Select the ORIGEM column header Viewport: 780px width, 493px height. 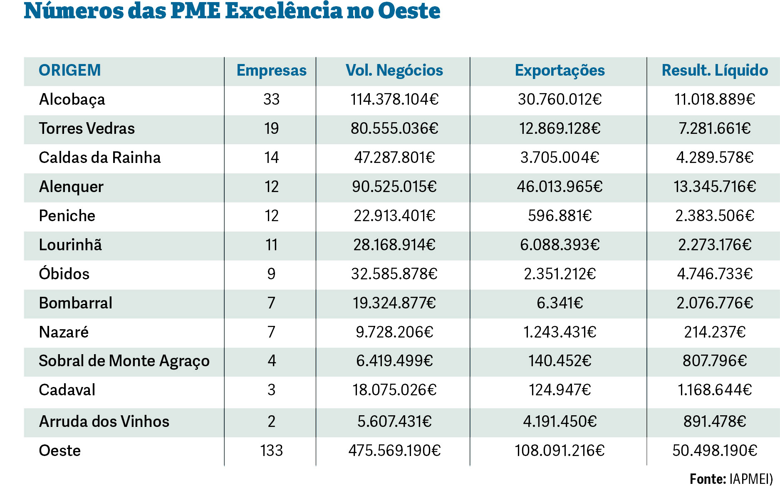point(70,70)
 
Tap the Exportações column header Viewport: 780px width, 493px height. point(560,70)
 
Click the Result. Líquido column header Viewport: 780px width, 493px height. point(714,70)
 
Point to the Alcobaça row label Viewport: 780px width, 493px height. point(72,99)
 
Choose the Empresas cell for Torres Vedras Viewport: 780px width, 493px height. point(271,128)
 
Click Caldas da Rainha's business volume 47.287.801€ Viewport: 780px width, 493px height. point(394,158)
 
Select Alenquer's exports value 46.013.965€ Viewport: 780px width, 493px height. point(560,187)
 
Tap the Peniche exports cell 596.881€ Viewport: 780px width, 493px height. point(560,216)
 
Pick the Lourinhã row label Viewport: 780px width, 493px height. point(70,245)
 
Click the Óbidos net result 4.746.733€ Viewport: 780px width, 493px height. point(714,274)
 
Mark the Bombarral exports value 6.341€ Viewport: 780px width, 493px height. point(560,303)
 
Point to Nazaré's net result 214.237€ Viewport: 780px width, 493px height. point(714,332)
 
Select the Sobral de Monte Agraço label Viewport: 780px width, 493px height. point(124,361)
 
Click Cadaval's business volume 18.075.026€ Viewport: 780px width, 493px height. point(394,390)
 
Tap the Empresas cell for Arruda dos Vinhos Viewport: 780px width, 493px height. point(271,422)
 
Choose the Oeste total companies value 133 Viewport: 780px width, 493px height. point(271,451)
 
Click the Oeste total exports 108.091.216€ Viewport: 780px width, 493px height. point(560,451)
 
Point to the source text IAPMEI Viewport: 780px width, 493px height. point(750,479)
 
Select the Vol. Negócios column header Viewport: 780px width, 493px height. point(394,70)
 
